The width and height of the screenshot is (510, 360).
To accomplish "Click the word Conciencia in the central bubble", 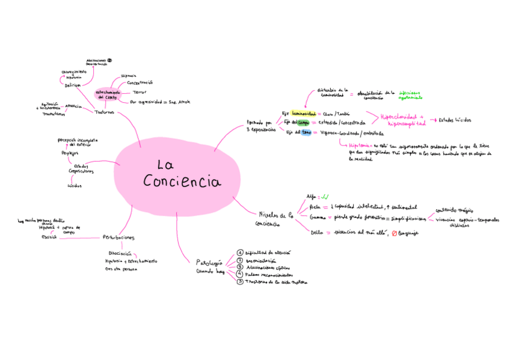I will coord(182,181).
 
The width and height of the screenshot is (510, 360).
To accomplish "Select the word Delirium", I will coord(73,85).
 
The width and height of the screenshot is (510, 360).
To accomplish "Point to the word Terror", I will coord(140,92).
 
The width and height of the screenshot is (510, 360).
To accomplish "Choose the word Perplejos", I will coord(70,153).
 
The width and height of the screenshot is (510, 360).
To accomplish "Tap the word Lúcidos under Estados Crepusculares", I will coord(75,186).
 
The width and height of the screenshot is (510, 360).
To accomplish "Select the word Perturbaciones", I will coord(118,237).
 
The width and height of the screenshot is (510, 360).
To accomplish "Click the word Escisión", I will coord(49,238).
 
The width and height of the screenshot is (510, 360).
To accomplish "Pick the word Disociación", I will coord(120,254).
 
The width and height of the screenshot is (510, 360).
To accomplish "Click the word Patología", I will coord(209,261).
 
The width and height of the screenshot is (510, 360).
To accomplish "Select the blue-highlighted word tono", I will coord(306,132).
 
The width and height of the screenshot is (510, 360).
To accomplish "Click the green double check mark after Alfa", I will coord(324,197).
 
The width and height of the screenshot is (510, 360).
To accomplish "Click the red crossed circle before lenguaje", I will coord(394,233).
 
